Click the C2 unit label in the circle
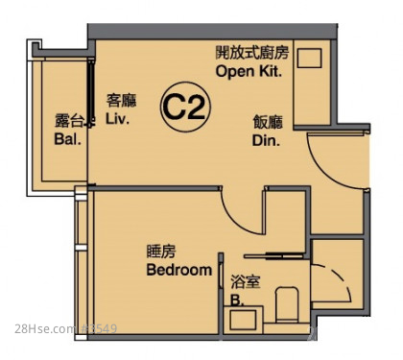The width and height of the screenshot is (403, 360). [185, 108]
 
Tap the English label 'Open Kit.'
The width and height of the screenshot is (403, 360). [249, 71]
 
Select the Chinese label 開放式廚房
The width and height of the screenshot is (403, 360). [252, 53]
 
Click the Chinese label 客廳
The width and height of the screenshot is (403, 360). [121, 101]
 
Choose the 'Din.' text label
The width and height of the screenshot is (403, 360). [266, 141]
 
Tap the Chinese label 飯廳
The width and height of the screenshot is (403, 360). [268, 122]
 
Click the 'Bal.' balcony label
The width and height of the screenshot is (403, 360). [67, 139]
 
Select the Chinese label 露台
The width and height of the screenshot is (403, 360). [69, 121]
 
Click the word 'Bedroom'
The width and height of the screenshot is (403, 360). [179, 270]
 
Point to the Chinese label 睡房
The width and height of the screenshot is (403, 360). [161, 252]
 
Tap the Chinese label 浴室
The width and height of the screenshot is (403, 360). [246, 282]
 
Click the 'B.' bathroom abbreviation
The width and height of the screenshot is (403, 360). [237, 300]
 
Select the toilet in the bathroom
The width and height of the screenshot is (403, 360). [287, 304]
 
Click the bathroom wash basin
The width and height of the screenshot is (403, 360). [243, 320]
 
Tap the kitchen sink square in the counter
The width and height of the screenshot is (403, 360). [309, 58]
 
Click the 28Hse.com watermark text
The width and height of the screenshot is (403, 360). [45, 328]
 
